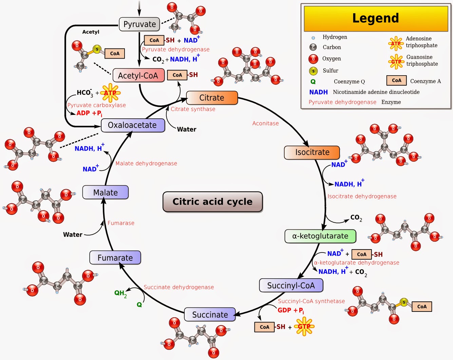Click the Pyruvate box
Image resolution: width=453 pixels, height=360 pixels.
coord(139,24)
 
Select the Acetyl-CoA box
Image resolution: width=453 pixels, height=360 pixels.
coord(138,75)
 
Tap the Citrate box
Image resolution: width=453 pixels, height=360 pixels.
coord(212,98)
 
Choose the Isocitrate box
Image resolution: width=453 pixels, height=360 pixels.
coord(312,152)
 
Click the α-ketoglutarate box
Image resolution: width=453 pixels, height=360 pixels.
coord(320,236)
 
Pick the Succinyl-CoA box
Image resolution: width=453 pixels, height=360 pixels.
coord(291,285)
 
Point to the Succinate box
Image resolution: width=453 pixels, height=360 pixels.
coord(210,314)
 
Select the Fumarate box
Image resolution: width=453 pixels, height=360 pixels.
coord(115,258)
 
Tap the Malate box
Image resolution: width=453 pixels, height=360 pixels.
coord(106,192)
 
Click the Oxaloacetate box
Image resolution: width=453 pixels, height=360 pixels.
coord(133,125)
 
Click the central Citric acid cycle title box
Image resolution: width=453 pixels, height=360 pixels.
coord(213,202)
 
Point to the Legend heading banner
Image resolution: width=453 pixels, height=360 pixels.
coord(376,19)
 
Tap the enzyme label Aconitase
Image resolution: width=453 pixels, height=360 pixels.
coord(265,123)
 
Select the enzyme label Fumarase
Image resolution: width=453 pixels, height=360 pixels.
coord(121,223)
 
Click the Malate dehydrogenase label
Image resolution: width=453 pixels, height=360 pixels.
coord(146,163)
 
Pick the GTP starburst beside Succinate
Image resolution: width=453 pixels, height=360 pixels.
coord(304,326)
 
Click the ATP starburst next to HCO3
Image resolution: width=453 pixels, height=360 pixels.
coord(110,93)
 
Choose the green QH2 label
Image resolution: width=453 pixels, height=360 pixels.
coord(120,293)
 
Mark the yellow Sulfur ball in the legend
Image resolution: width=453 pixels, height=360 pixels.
coord(313,71)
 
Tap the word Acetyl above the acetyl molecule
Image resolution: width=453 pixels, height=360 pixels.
coord(91,32)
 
